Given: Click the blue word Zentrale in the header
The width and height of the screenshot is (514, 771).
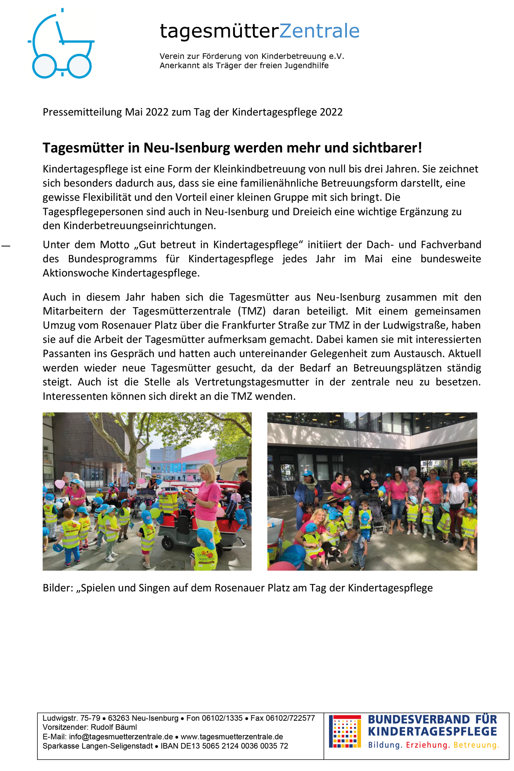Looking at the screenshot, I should pos(319,31).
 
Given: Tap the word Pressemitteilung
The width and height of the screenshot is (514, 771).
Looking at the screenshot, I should pos(82,112).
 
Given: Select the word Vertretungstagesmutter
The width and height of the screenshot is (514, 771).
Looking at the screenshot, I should pos(252,382).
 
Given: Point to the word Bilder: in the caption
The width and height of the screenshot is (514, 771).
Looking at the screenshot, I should pos(58,588).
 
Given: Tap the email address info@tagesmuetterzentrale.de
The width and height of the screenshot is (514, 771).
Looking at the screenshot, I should pos(121,737).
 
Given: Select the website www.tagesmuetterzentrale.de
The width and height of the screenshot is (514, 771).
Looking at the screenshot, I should pos(232,737).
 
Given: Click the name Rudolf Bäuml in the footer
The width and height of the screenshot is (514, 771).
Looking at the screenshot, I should pos(114,727).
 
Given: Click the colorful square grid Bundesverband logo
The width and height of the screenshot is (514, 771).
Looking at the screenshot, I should pos(345,731).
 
